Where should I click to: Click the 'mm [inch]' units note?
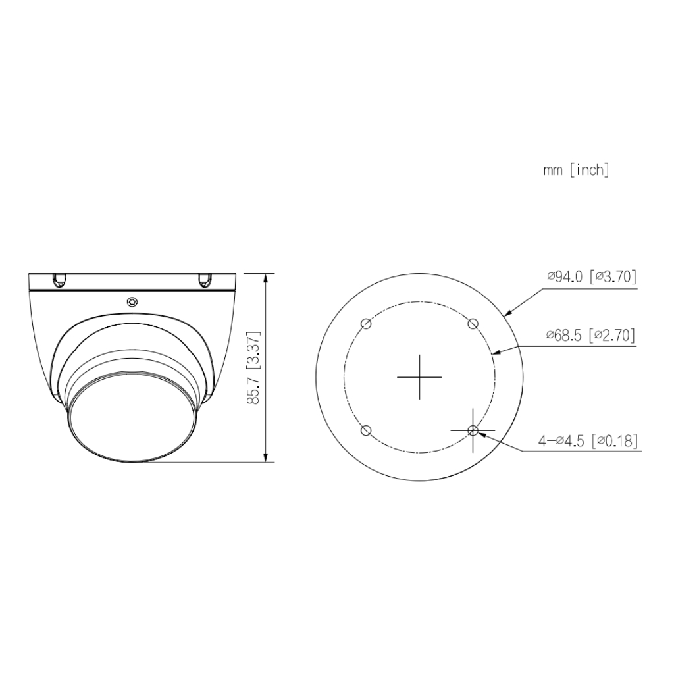pyautogui.click(x=576, y=170)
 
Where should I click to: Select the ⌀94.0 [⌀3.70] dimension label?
pyautogui.click(x=591, y=276)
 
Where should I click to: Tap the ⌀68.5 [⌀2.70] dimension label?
pyautogui.click(x=590, y=335)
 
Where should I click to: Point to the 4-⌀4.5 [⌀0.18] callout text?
pyautogui.click(x=588, y=440)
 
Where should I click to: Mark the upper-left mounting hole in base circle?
pyautogui.click(x=367, y=324)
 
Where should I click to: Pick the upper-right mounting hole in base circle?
pyautogui.click(x=472, y=324)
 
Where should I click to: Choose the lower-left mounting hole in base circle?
pyautogui.click(x=367, y=430)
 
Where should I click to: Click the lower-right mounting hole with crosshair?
pyautogui.click(x=472, y=430)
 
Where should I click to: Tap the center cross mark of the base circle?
pyautogui.click(x=419, y=377)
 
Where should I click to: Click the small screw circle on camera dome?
pyautogui.click(x=132, y=302)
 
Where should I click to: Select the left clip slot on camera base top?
pyautogui.click(x=59, y=280)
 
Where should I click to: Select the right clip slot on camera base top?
pyautogui.click(x=204, y=280)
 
